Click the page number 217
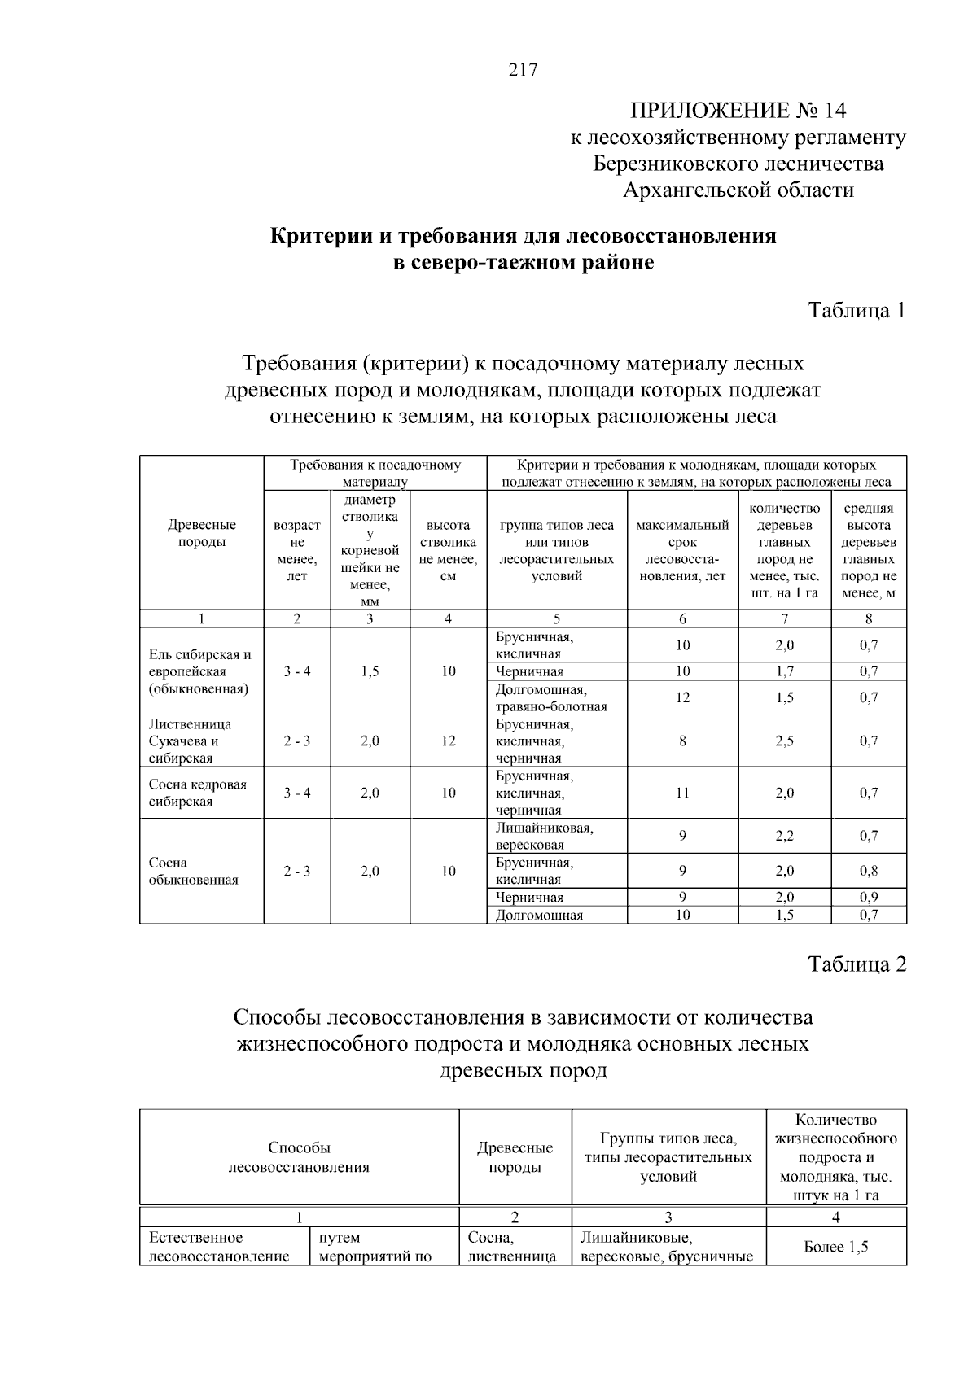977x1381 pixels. pyautogui.click(x=523, y=70)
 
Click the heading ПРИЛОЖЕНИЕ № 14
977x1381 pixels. pyautogui.click(x=738, y=111)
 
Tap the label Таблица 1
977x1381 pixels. pyautogui.click(x=857, y=310)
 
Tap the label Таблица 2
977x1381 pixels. pyautogui.click(x=857, y=964)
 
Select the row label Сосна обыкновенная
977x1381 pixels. pyautogui.click(x=193, y=871)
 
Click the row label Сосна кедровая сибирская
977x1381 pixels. pyautogui.click(x=197, y=793)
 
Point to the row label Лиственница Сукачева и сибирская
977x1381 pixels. pyautogui.click(x=191, y=741)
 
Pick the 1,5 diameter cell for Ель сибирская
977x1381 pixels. pyautogui.click(x=370, y=671)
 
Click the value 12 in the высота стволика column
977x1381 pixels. pyautogui.click(x=448, y=741)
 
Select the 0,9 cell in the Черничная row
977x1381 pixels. pyautogui.click(x=869, y=897)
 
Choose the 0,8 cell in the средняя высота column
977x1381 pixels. pyautogui.click(x=869, y=871)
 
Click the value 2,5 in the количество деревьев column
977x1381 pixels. pyautogui.click(x=784, y=741)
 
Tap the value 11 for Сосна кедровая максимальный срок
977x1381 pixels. pyautogui.click(x=682, y=793)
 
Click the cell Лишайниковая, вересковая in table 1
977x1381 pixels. pyautogui.click(x=544, y=837)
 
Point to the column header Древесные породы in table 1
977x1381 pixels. pyautogui.click(x=201, y=534)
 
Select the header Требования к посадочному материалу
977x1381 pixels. pyautogui.click(x=375, y=473)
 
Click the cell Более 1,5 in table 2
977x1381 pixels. pyautogui.click(x=835, y=1247)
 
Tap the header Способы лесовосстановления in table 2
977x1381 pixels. pyautogui.click(x=299, y=1157)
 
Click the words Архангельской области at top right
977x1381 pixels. pyautogui.click(x=738, y=190)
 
